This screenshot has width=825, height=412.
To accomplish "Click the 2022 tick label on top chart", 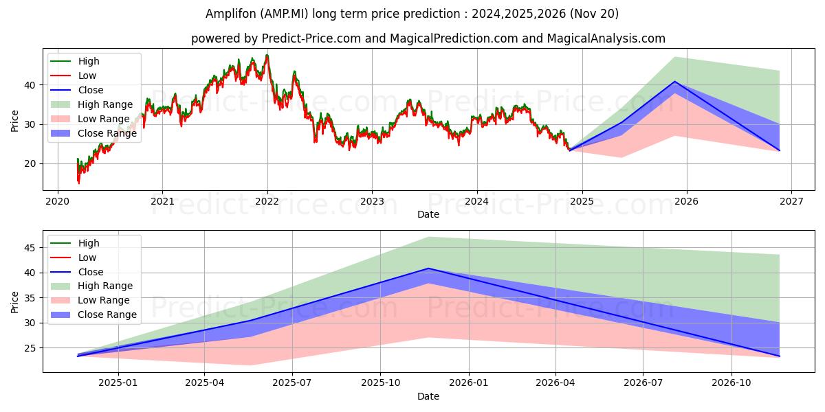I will [267, 201].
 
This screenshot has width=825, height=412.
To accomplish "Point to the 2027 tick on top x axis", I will [791, 201].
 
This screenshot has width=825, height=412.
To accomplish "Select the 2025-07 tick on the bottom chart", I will [292, 383].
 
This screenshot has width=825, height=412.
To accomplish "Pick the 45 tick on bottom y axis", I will [30, 248].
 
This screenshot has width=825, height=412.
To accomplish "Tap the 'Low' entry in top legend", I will [87, 76].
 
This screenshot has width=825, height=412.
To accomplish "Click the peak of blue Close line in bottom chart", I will [428, 268].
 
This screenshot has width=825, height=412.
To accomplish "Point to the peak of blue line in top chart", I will [674, 82].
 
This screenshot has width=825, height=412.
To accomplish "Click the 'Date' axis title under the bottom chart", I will [428, 396].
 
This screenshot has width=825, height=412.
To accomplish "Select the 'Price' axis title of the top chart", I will [15, 121].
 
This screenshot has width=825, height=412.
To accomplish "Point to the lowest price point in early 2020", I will [78, 183].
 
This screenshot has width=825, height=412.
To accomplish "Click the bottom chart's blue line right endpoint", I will [779, 356].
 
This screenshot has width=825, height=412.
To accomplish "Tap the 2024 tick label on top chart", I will [476, 201].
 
